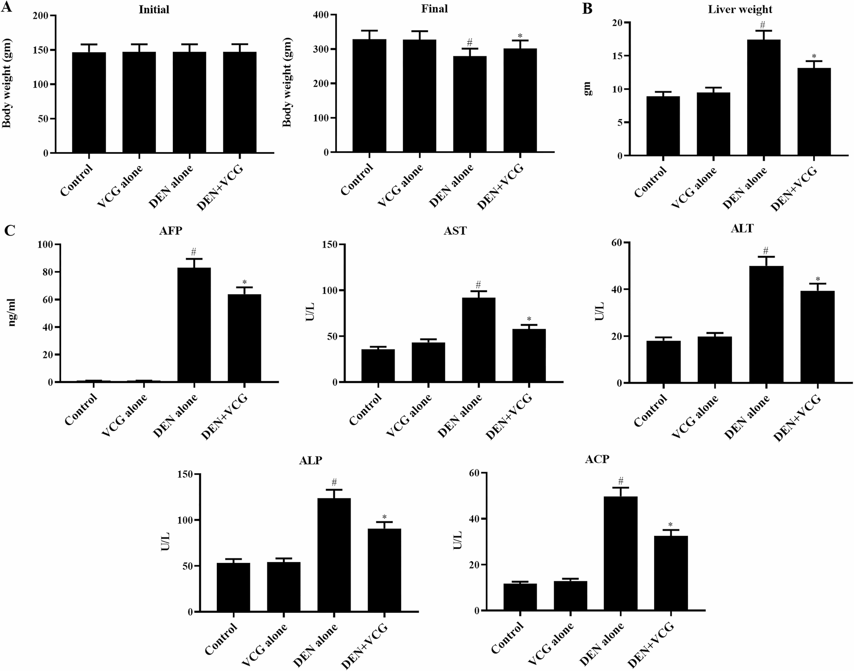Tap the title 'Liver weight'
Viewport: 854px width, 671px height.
(740, 9)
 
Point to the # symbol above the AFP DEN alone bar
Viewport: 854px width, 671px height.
(194, 251)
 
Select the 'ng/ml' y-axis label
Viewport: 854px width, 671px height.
(12, 314)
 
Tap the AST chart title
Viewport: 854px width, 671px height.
(455, 231)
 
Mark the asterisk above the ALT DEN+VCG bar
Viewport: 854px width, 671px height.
(817, 279)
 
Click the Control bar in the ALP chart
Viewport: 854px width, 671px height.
(233, 587)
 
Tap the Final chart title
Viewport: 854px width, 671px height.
(434, 9)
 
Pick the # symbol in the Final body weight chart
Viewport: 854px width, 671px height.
(469, 42)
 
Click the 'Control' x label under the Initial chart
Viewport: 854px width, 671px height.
(76, 181)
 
